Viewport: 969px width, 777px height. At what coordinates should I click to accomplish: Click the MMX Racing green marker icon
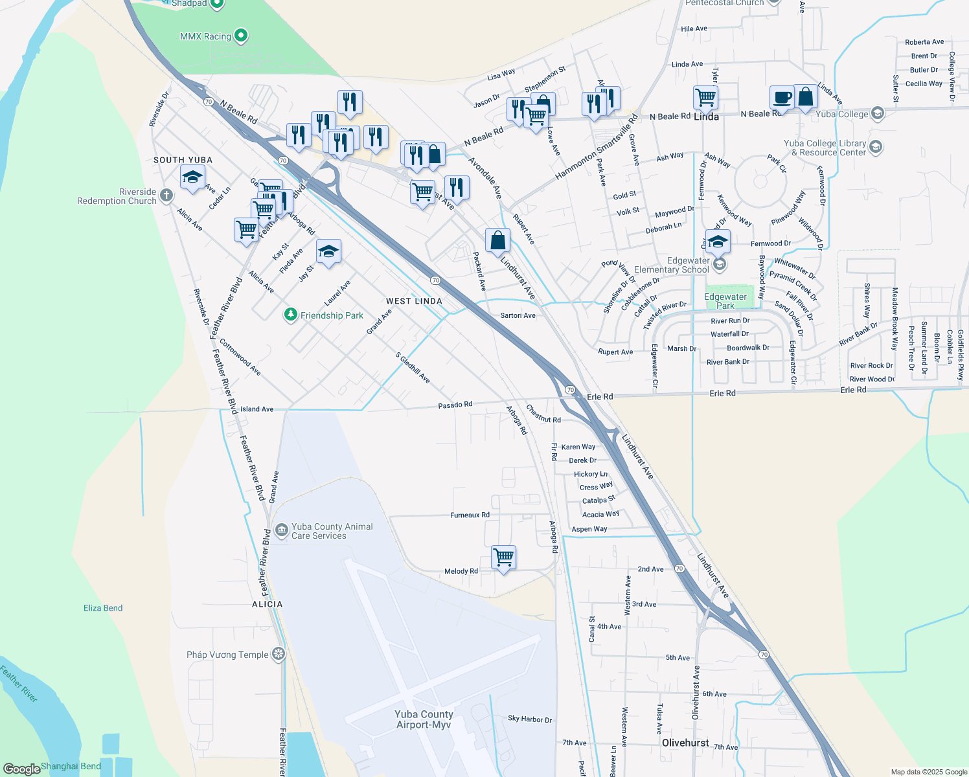pyautogui.click(x=241, y=36)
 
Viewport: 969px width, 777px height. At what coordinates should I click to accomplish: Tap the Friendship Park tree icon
pyautogui.click(x=291, y=315)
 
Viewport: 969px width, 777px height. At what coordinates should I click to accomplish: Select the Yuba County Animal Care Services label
pyautogui.click(x=332, y=531)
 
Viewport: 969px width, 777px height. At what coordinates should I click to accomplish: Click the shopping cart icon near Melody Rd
pyautogui.click(x=503, y=557)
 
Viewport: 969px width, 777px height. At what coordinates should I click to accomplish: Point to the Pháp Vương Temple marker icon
pyautogui.click(x=279, y=654)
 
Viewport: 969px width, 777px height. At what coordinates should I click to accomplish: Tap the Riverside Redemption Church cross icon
pyautogui.click(x=166, y=196)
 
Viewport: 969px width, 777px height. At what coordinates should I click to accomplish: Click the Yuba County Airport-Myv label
pyautogui.click(x=424, y=719)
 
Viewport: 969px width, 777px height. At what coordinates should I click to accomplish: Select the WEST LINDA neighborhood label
pyautogui.click(x=414, y=301)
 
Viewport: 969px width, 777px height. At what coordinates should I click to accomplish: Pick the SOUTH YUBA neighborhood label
pyautogui.click(x=183, y=160)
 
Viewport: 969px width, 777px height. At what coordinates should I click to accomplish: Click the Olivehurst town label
pyautogui.click(x=685, y=743)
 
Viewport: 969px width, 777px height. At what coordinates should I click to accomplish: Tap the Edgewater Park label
pyautogui.click(x=725, y=301)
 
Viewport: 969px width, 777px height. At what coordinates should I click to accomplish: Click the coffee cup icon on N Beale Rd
pyautogui.click(x=782, y=97)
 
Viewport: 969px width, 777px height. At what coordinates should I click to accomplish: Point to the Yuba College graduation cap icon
pyautogui.click(x=878, y=113)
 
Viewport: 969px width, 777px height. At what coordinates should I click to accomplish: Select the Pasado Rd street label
pyautogui.click(x=455, y=405)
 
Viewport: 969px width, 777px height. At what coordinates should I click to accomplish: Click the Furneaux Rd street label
pyautogui.click(x=470, y=515)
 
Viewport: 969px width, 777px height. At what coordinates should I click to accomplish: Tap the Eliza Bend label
pyautogui.click(x=103, y=608)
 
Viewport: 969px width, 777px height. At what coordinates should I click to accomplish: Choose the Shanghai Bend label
pyautogui.click(x=71, y=766)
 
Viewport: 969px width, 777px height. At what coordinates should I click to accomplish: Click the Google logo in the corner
pyautogui.click(x=22, y=769)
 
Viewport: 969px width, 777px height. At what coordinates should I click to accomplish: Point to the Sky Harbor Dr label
pyautogui.click(x=530, y=719)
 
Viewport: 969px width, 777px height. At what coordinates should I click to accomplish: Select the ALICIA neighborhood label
pyautogui.click(x=267, y=604)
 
